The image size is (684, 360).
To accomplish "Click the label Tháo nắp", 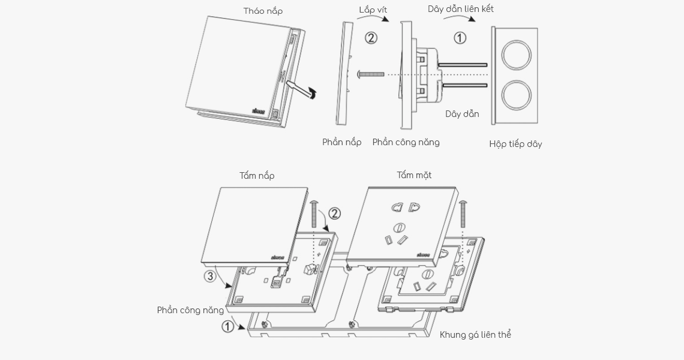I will click(263, 11).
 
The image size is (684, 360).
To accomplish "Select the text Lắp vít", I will click(373, 10).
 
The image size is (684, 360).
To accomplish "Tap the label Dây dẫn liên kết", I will click(460, 9).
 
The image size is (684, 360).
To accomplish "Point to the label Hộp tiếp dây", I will click(515, 144).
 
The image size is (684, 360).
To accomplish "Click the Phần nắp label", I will click(341, 142).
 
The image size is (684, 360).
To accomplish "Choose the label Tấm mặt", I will click(414, 175).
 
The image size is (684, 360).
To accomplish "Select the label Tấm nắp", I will click(257, 176).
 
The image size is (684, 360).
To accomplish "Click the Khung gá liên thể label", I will click(475, 335).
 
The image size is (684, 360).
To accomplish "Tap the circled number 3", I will click(210, 276).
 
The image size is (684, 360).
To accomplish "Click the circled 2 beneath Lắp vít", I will click(371, 38).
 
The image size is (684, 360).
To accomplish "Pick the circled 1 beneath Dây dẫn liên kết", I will click(460, 38).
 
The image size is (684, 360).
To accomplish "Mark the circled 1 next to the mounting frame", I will click(228, 326).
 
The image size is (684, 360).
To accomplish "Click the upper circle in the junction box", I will click(516, 55).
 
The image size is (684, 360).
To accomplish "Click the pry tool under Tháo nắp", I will click(299, 88).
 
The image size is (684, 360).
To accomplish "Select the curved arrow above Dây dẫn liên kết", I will click(460, 19).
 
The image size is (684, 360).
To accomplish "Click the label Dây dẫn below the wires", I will click(462, 114).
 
